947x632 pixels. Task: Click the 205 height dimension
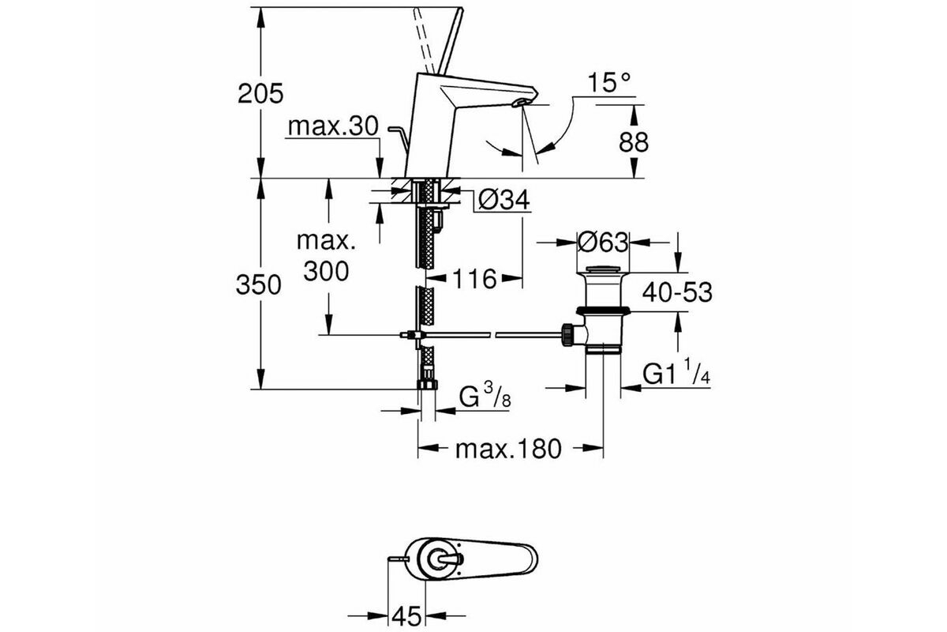click(260, 93)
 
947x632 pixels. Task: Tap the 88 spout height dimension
click(633, 142)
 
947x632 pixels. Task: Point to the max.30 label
click(333, 126)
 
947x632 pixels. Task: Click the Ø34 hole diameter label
click(504, 199)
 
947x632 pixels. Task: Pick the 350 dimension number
click(258, 284)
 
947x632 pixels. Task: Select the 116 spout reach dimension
click(474, 279)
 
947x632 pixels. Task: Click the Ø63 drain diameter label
click(603, 243)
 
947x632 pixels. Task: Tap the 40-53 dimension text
click(677, 292)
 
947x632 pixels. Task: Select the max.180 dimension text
click(508, 449)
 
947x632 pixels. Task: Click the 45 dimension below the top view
click(406, 616)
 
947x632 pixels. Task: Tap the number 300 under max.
click(326, 271)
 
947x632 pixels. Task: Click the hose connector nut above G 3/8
click(427, 384)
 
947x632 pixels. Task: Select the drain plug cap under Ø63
click(603, 269)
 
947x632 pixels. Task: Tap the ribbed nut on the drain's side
click(567, 334)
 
